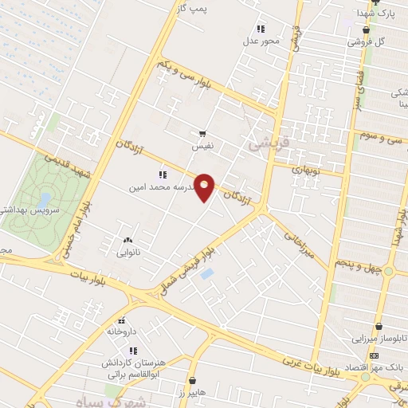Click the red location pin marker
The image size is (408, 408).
[x=205, y=186]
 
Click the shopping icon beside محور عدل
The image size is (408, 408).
[x=260, y=29]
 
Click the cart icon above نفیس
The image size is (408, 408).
[x=203, y=134]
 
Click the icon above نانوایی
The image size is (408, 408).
[x=127, y=241]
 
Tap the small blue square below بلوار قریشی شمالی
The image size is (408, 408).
[x=207, y=273]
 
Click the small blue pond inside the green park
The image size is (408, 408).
[x=45, y=197]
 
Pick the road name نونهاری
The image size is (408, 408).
[x=306, y=170]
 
